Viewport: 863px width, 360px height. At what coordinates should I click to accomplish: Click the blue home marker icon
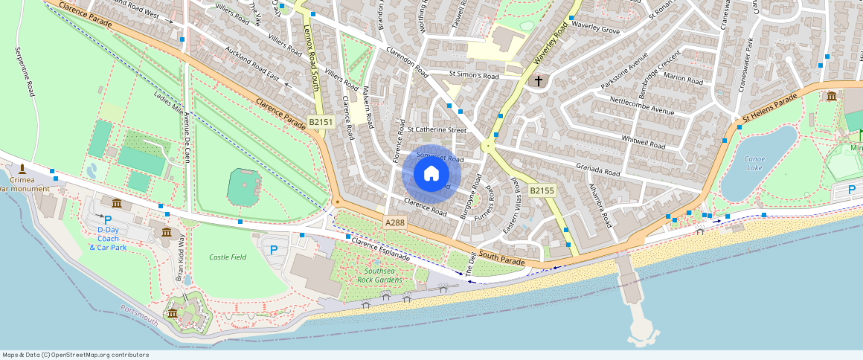click(431, 174)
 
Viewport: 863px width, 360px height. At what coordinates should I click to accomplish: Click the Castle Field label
click(228, 257)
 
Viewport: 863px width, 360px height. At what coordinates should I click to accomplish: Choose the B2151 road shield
click(321, 120)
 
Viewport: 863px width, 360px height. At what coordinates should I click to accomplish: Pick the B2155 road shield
click(542, 191)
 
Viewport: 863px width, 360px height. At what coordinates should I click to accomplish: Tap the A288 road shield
click(395, 222)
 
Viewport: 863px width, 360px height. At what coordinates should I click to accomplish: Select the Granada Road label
click(597, 168)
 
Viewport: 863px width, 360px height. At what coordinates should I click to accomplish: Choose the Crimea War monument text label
click(24, 184)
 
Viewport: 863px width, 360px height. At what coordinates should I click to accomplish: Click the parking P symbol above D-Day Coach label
click(108, 219)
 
